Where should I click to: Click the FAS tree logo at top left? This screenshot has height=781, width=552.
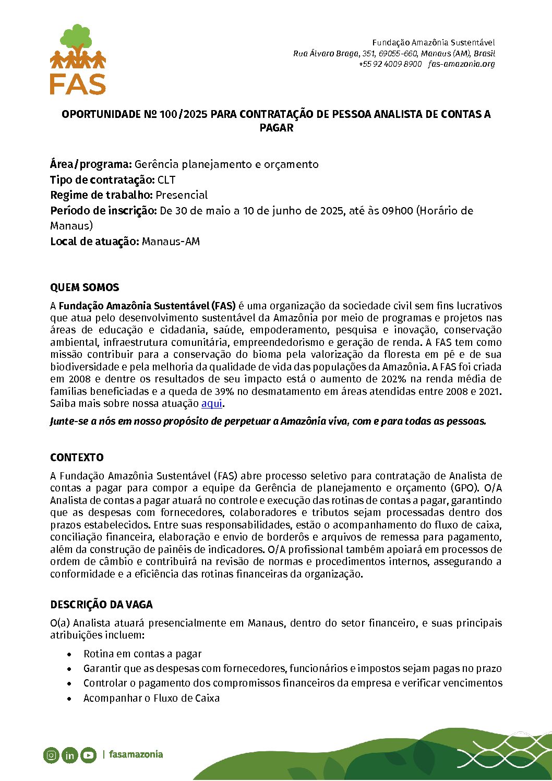78,59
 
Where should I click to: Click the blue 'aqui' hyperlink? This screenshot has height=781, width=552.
212,403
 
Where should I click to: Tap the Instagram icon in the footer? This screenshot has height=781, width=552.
51,755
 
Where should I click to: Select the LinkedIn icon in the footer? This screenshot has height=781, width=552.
70,755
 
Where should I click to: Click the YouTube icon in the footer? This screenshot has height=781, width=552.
89,755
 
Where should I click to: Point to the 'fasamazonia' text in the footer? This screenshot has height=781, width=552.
136,754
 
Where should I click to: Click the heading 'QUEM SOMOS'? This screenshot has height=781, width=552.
85,287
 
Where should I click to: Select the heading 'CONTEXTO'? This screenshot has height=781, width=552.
77,458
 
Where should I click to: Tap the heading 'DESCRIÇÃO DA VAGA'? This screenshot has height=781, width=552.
101,605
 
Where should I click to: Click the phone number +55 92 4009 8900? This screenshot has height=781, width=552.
390,64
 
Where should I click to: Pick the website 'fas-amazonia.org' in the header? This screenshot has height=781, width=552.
461,64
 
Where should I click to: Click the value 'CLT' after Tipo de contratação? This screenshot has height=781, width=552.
166,180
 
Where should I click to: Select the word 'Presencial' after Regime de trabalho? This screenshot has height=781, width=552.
182,195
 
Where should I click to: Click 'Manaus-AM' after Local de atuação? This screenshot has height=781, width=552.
171,242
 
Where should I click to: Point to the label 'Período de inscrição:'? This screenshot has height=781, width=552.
103,211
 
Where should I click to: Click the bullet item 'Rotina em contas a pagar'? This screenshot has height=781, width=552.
142,654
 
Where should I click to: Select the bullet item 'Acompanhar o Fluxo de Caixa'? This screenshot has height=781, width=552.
151,698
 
